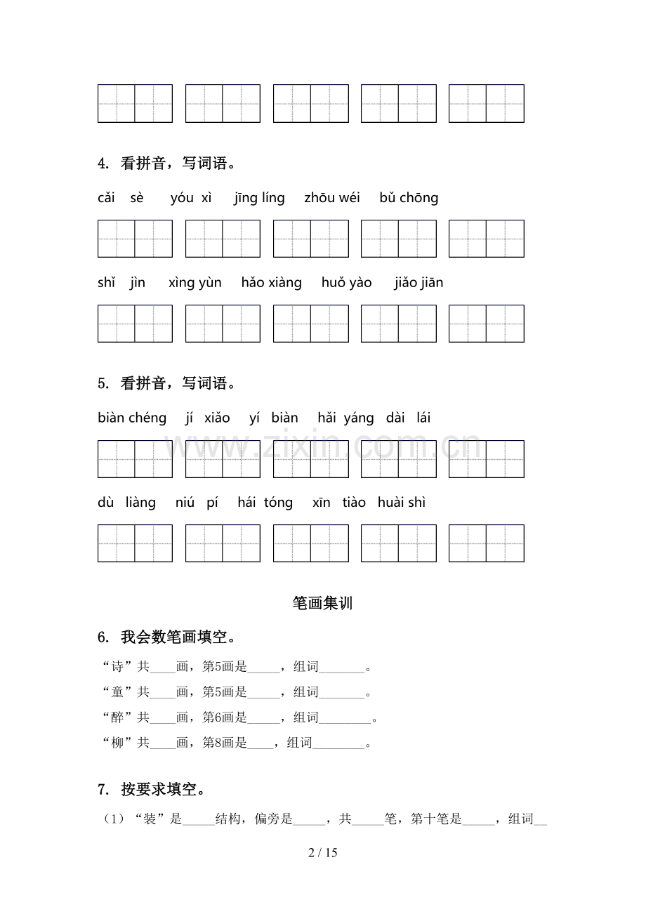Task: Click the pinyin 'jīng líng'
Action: [260, 198]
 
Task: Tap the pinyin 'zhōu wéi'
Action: [332, 198]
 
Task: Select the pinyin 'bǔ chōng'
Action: [409, 198]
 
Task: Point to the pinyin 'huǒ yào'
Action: [347, 283]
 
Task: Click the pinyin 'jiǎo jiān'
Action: [419, 283]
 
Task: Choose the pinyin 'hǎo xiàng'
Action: [271, 283]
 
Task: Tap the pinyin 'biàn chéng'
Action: [133, 418]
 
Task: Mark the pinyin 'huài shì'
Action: [402, 503]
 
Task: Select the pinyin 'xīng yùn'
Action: [195, 283]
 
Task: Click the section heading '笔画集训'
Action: [322, 603]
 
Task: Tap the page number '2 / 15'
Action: [323, 853]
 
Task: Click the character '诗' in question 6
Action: [117, 667]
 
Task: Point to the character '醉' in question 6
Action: [117, 717]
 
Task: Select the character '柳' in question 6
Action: [117, 743]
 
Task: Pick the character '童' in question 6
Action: [117, 692]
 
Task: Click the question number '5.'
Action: [103, 384]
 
